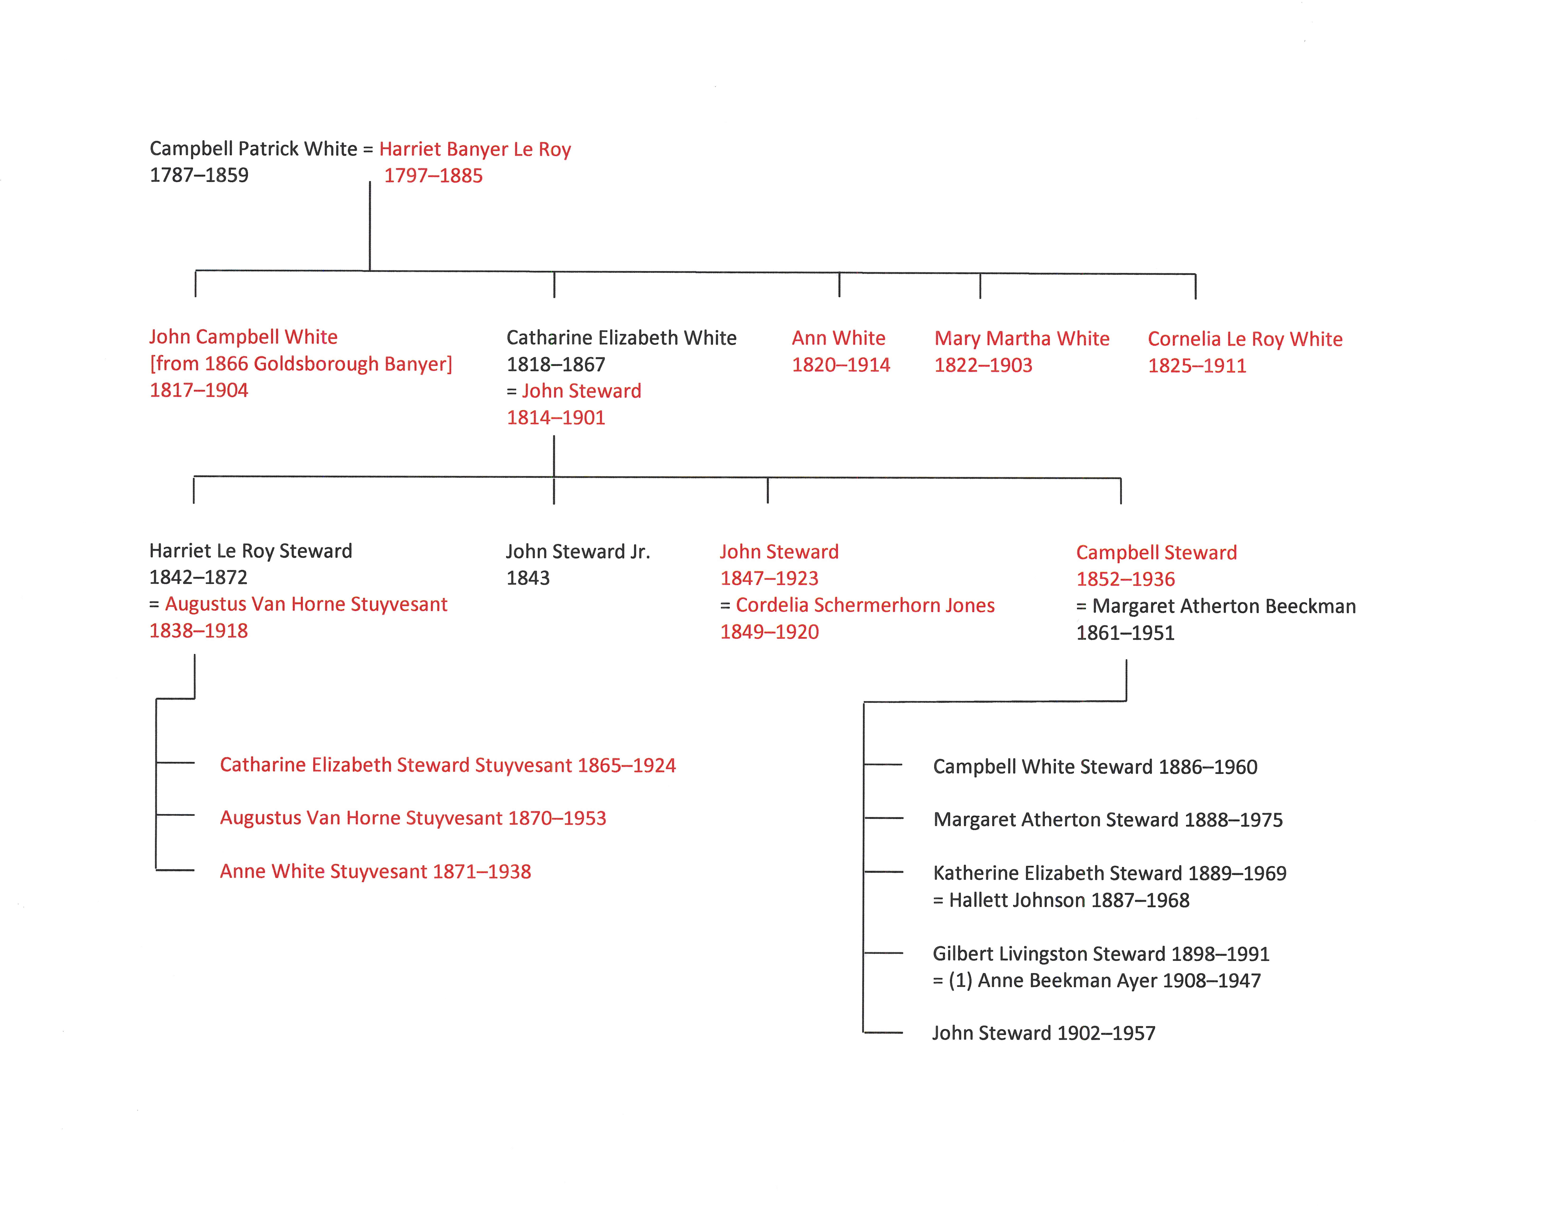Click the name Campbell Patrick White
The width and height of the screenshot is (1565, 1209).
pos(253,149)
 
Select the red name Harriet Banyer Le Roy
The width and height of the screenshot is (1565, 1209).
pos(475,150)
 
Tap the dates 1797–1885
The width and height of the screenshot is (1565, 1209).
pos(433,175)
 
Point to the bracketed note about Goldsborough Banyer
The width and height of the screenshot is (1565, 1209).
pos(301,364)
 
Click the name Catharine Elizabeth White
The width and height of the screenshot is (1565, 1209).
pos(621,338)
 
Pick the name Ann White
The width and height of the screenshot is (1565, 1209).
pos(838,338)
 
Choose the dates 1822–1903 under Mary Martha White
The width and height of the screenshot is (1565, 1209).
pos(983,365)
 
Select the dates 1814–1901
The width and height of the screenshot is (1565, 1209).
pos(556,417)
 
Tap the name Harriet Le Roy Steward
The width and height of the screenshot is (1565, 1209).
pos(251,551)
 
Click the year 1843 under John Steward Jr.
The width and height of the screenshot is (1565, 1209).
pos(528,578)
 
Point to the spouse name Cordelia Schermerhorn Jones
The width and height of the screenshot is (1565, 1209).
pos(865,605)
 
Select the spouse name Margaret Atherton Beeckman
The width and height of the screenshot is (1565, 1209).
pos(1224,607)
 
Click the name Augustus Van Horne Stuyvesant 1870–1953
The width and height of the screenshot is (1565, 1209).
pos(413,818)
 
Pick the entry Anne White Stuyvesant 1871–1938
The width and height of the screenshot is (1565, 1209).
pos(376,872)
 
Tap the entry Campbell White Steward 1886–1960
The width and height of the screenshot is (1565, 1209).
pos(1095,767)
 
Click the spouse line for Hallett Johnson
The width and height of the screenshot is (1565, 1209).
pos(1061,900)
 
